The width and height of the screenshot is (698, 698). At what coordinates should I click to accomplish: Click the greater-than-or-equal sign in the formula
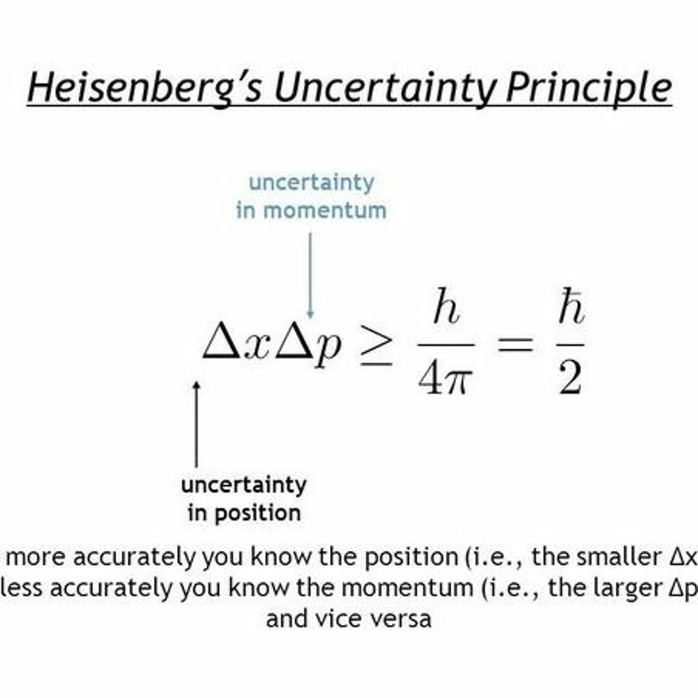tap(376, 348)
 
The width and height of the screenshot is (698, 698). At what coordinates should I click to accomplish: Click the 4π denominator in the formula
tap(445, 378)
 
